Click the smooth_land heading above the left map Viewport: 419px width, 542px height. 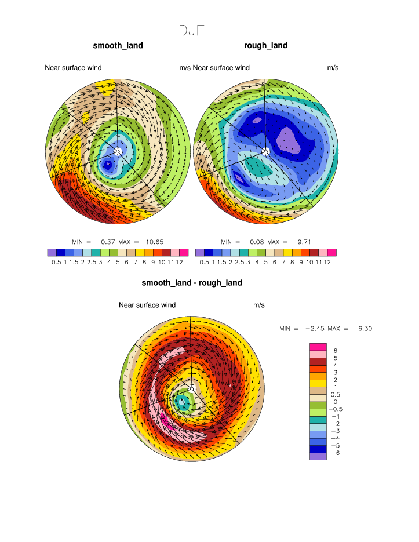click(x=118, y=46)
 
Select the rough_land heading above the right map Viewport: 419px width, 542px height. click(x=266, y=46)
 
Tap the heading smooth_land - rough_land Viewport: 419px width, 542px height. click(x=192, y=283)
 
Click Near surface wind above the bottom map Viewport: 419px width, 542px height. click(x=147, y=305)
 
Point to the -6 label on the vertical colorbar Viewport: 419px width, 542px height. click(x=334, y=453)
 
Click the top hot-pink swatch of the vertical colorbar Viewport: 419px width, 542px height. click(x=318, y=347)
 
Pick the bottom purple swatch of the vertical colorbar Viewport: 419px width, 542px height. click(x=318, y=456)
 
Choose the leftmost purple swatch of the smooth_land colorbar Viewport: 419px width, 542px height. click(x=52, y=253)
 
